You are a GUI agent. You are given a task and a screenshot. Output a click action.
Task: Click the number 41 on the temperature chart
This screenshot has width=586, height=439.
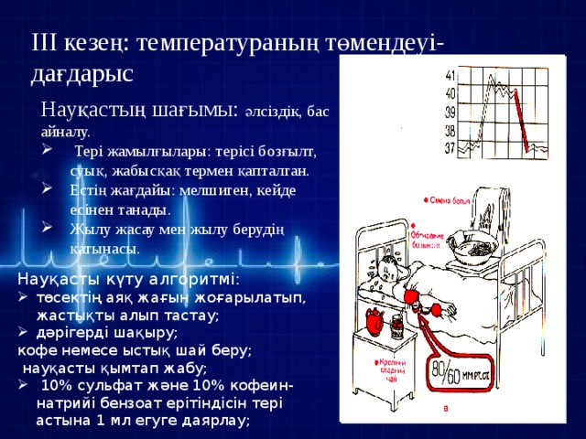(450, 75)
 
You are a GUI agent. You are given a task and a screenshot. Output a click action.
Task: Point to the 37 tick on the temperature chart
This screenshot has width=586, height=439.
(450, 147)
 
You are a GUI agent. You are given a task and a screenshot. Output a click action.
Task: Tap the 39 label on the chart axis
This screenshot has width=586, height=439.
(450, 112)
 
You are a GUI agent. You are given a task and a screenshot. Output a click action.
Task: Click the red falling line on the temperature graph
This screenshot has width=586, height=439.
(519, 118)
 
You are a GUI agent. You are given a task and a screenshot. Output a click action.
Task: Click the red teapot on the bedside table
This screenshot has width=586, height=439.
(373, 326)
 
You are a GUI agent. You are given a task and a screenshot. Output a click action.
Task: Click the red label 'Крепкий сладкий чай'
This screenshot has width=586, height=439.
(388, 371)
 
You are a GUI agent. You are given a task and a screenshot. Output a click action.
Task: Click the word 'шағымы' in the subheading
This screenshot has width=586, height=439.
(191, 109)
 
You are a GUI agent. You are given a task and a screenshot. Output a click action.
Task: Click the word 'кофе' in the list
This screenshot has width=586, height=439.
(36, 349)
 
